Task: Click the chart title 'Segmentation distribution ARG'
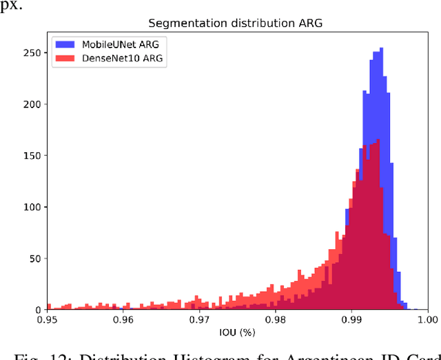(x=236, y=23)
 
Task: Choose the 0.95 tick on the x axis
(x=47, y=320)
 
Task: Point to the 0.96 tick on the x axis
(x=123, y=320)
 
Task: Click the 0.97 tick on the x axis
(x=199, y=320)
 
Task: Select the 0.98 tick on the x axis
(x=275, y=320)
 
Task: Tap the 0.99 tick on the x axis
(x=351, y=320)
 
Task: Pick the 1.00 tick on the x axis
(x=427, y=320)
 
